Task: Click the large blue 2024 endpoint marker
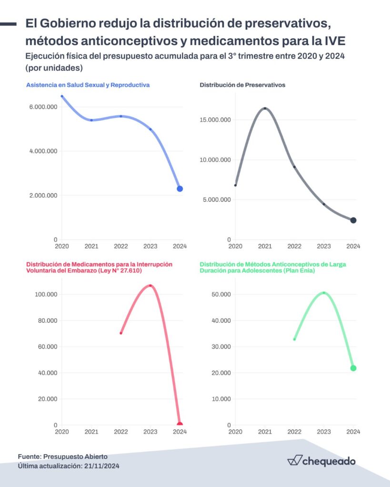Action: point(180,189)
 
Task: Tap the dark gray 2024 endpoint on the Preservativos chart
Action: point(353,220)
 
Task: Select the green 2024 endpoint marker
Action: point(353,368)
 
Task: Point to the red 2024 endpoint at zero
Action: point(180,424)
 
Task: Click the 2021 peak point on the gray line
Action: point(265,108)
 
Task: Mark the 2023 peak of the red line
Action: point(150,285)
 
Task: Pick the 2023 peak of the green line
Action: point(324,292)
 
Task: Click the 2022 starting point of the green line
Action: point(294,339)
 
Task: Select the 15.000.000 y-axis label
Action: point(215,119)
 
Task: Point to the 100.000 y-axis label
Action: point(46,294)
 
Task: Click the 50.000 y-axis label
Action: point(221,294)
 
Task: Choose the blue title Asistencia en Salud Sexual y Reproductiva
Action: point(88,85)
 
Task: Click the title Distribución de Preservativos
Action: point(242,85)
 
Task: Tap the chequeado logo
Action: point(321,460)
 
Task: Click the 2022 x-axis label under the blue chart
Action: point(121,246)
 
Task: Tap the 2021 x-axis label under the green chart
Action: point(265,432)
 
